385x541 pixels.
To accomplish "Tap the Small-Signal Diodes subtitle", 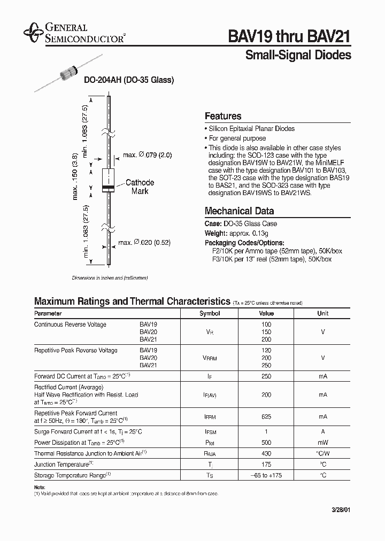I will [298, 55].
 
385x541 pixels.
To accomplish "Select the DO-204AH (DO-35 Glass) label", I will [129, 80].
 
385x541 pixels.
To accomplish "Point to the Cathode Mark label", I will [140, 187].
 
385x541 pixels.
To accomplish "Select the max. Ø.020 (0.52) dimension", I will [144, 243].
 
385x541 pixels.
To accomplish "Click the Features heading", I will [223, 116].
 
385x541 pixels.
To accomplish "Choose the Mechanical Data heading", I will [239, 211].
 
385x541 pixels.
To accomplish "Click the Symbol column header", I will [210, 313].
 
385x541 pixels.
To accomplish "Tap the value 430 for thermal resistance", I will [266, 453].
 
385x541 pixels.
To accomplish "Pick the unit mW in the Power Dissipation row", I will [323, 443].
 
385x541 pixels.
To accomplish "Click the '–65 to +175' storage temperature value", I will [266, 475].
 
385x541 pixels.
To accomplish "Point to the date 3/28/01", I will [340, 511].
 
